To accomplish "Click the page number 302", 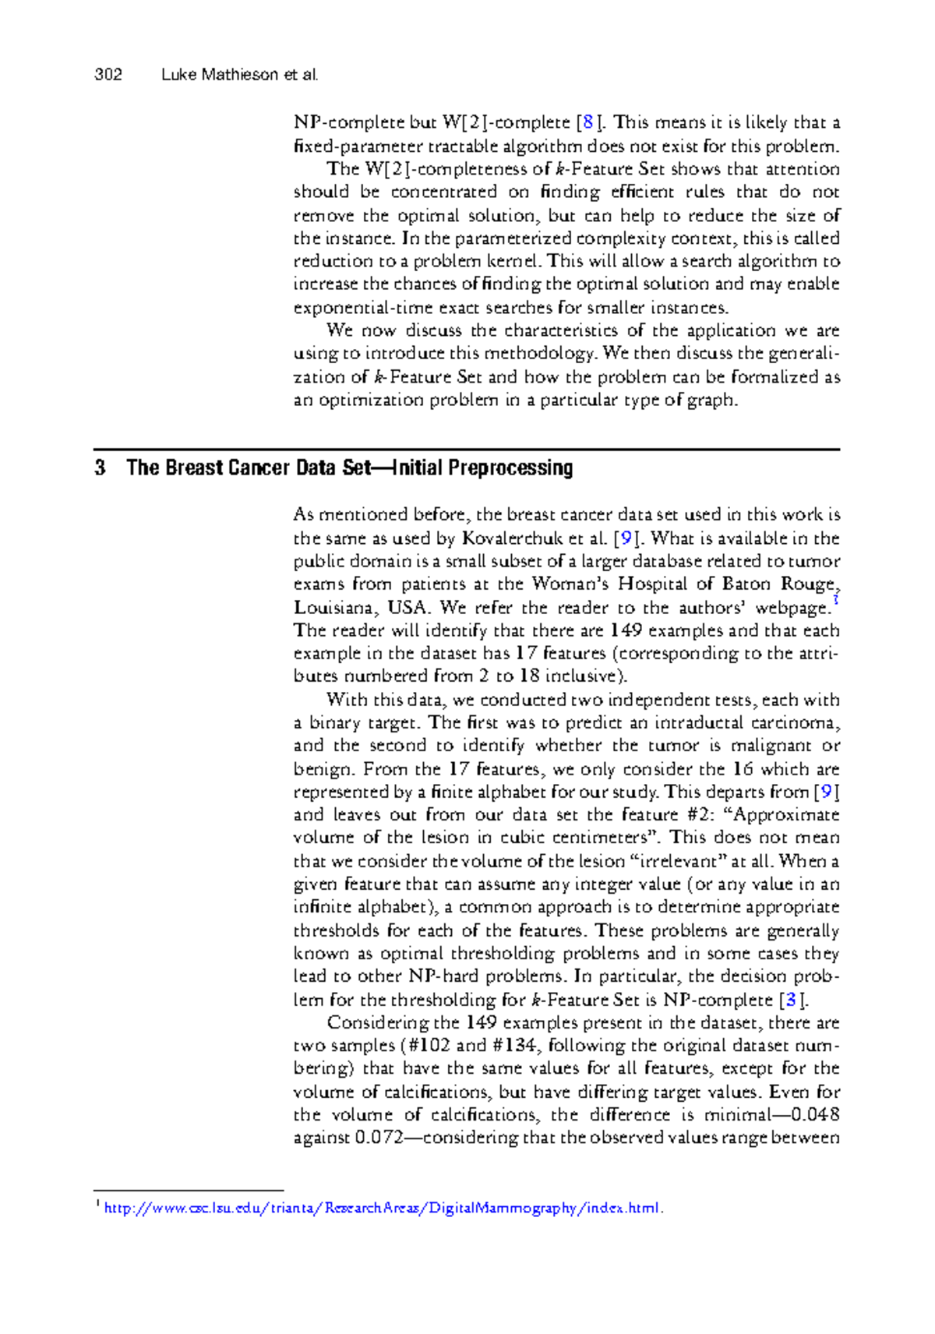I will (x=108, y=75).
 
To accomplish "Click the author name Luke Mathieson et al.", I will (x=240, y=75).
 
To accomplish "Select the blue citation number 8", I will (x=588, y=122).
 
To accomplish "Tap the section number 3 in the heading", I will (x=100, y=468).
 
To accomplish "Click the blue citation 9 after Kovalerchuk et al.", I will (x=625, y=538).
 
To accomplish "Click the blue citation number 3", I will (x=792, y=1000).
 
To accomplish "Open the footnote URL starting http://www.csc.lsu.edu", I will (x=382, y=1209).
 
